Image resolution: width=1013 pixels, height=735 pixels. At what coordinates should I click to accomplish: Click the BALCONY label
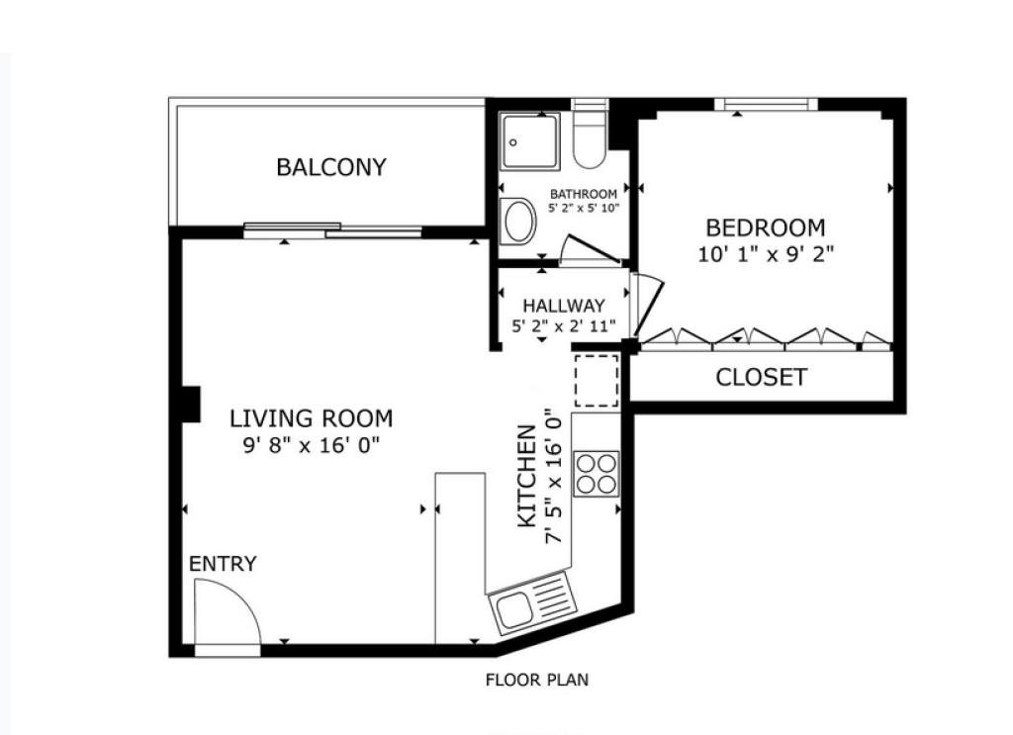pos(330,167)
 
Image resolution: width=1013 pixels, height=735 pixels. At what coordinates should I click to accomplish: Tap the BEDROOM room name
pos(766,228)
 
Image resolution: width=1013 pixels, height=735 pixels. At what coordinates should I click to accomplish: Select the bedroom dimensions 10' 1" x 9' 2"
pos(766,254)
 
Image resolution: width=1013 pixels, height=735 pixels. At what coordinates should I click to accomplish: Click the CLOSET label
pos(761,377)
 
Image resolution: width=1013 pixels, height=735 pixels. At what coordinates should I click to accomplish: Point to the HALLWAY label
pos(564,306)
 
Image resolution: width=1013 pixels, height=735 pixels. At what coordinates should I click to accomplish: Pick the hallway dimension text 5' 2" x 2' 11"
pos(564,325)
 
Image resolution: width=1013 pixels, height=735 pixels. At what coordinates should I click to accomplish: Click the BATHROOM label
pos(584,195)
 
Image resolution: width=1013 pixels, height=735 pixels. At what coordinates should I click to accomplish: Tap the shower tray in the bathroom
pos(530,141)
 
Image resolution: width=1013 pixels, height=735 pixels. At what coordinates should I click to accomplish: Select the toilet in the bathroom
pos(590,138)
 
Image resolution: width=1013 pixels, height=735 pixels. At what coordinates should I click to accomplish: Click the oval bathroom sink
pos(519,222)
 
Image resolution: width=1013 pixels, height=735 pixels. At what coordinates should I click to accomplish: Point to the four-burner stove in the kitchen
pos(597,474)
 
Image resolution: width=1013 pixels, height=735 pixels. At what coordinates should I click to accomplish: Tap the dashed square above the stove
pos(597,381)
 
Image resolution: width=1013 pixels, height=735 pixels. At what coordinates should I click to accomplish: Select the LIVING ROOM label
pos(312,418)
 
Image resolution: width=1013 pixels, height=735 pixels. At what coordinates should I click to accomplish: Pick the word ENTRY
pos(223,564)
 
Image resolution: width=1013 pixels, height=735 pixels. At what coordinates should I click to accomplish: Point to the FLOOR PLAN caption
pos(537,681)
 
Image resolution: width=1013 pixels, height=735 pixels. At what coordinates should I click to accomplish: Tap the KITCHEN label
pos(527,476)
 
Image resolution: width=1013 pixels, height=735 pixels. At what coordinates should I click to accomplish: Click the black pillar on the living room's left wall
pos(191,405)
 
